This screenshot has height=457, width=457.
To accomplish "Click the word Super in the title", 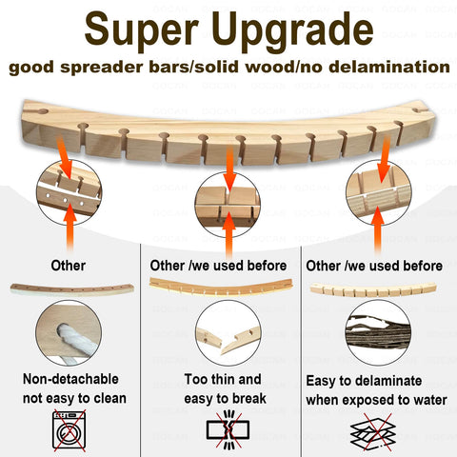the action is point(142,30).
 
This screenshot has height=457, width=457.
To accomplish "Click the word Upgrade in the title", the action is point(292,30).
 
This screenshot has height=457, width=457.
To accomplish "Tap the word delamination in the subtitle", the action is point(389,67).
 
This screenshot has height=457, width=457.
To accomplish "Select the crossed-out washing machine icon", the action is point(70,430).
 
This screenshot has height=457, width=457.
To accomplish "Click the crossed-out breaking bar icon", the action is point(228,430).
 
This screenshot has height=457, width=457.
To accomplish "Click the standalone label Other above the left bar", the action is point(69,266).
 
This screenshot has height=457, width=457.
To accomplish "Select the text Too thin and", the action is point(223,379).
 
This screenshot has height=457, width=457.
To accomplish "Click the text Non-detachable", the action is point(70,379).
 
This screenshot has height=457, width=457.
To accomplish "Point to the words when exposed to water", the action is point(377,400).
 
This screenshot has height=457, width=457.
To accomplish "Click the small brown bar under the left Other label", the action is point(71,289).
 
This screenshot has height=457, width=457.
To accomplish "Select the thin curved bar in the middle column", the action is point(221,288).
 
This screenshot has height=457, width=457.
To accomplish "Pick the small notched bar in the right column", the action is point(373,289).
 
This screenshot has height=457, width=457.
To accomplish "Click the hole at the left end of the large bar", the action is point(43,112).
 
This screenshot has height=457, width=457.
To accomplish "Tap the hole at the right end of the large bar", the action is point(418,110).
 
